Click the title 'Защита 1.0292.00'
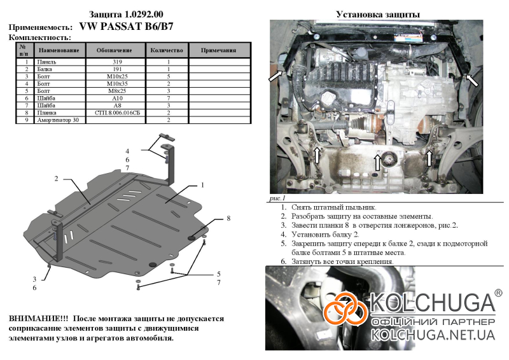click(126, 15)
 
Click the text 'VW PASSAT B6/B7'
click(126, 26)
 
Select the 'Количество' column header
click(167, 50)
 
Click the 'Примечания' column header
click(218, 50)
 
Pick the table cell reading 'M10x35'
click(117, 84)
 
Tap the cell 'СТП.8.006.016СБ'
click(117, 113)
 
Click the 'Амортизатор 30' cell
click(59, 120)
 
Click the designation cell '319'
click(117, 62)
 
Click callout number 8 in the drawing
click(228, 218)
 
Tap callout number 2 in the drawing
click(56, 179)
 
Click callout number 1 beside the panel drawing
click(202, 185)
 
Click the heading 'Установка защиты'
click(378, 15)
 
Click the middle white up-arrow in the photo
click(377, 163)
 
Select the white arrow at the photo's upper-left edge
click(276, 76)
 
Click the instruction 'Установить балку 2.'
click(325, 234)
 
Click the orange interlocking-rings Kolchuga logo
click(345, 308)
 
